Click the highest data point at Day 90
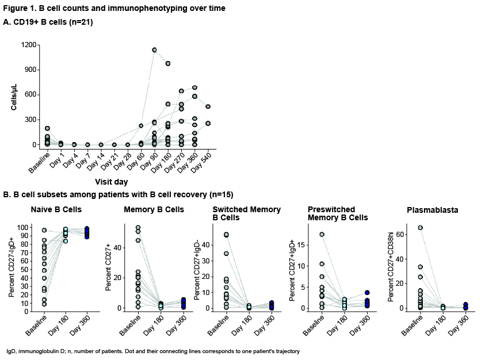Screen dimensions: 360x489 (x=154, y=50)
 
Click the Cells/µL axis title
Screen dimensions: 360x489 (x=13, y=95)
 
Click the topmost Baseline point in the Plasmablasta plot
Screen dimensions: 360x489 (x=404, y=228)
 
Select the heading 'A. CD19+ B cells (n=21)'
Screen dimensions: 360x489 (x=48, y=22)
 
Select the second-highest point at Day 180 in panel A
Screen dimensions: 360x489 (x=168, y=104)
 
